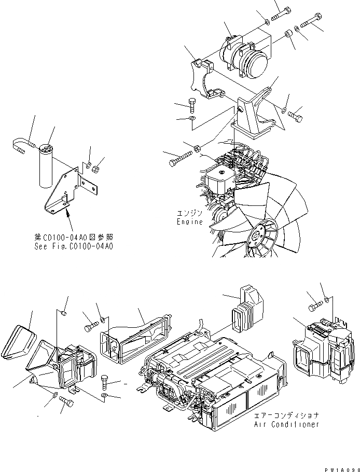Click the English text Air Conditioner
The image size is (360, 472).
286,424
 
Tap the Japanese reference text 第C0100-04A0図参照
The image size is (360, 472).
74,236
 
